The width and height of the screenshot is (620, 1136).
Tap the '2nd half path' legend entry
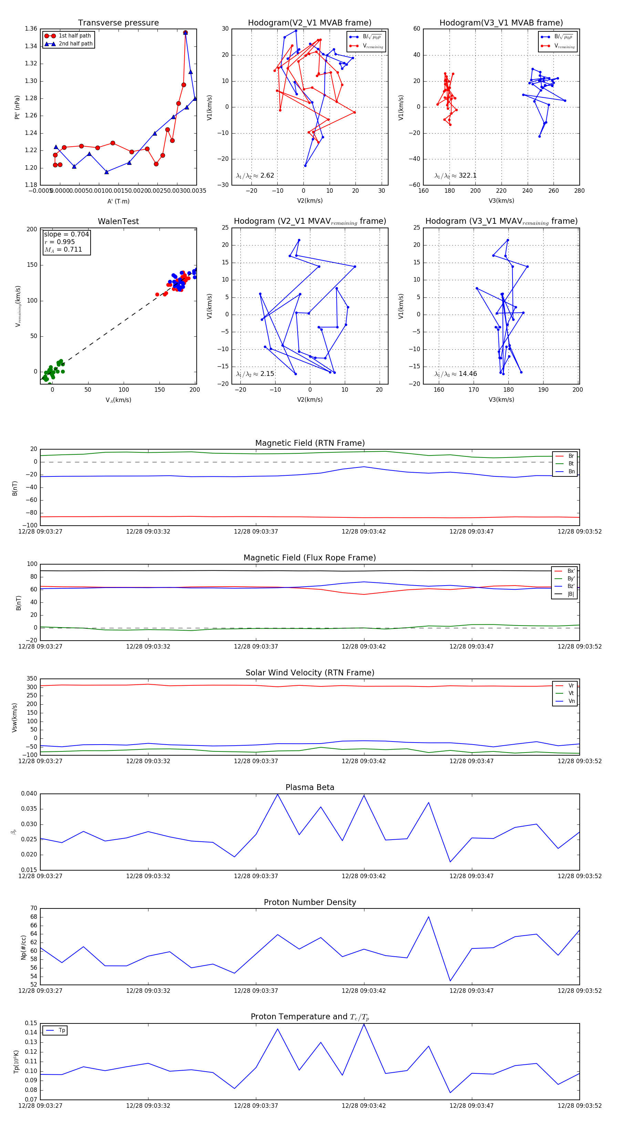pyautogui.click(x=75, y=44)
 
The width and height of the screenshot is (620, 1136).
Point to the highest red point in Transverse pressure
pyautogui.click(x=185, y=33)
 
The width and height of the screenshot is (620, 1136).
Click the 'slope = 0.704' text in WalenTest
pyautogui.click(x=66, y=234)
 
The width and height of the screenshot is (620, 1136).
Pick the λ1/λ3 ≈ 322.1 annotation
pyautogui.click(x=455, y=176)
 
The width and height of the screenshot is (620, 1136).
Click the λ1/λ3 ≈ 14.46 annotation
pyautogui.click(x=455, y=374)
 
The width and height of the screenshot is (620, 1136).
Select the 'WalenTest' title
pyautogui.click(x=118, y=221)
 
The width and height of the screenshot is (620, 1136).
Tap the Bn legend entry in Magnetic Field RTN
pyautogui.click(x=571, y=471)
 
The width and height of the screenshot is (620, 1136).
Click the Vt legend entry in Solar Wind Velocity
pyautogui.click(x=571, y=693)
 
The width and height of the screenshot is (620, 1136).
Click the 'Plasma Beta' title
pyautogui.click(x=310, y=787)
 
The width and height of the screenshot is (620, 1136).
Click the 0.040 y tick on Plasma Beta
pyautogui.click(x=29, y=794)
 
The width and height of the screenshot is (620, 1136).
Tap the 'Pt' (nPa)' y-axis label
pyautogui.click(x=17, y=107)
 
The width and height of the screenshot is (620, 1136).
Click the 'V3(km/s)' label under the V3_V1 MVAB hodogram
pyautogui.click(x=501, y=201)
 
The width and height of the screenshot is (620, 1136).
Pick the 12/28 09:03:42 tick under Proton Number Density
pyautogui.click(x=364, y=990)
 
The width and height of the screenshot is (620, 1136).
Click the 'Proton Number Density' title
pyautogui.click(x=310, y=902)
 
